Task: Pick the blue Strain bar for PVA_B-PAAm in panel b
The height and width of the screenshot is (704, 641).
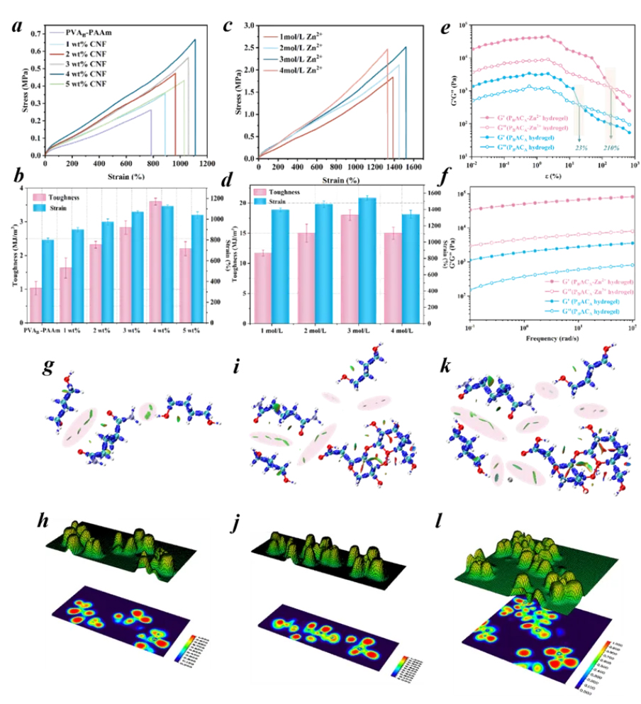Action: pyautogui.click(x=48, y=281)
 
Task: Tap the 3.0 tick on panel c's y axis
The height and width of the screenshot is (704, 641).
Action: pyautogui.click(x=247, y=25)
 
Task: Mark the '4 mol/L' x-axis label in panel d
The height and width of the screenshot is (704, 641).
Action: pyautogui.click(x=402, y=330)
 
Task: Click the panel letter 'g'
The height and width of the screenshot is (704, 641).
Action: pyautogui.click(x=49, y=368)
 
